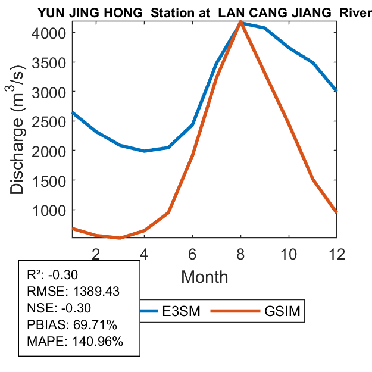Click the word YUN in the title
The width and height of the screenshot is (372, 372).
51,12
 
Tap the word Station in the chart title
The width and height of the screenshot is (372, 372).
178,12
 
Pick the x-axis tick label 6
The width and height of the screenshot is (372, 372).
192,254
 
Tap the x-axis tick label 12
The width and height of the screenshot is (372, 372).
336,254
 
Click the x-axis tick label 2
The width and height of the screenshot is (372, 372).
96,254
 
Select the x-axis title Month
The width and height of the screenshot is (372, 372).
204,276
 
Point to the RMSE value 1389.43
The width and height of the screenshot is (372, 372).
97,292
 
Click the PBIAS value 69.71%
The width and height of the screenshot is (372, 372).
94,325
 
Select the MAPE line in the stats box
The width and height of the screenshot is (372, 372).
75,342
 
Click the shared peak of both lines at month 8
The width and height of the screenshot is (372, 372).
240,22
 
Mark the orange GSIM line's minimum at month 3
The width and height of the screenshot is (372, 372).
120,238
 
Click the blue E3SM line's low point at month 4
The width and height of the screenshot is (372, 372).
144,151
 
